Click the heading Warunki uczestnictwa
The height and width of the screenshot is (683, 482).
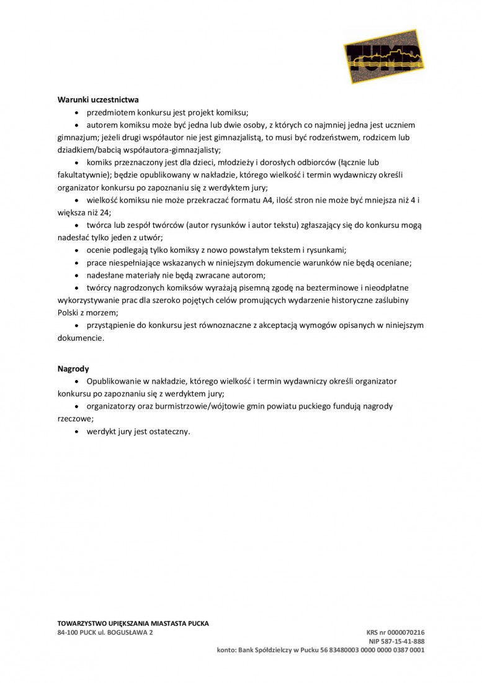[98, 99]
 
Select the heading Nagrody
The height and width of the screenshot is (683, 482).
[73, 369]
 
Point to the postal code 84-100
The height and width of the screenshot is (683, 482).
[68, 633]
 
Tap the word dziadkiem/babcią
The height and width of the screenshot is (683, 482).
[89, 150]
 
